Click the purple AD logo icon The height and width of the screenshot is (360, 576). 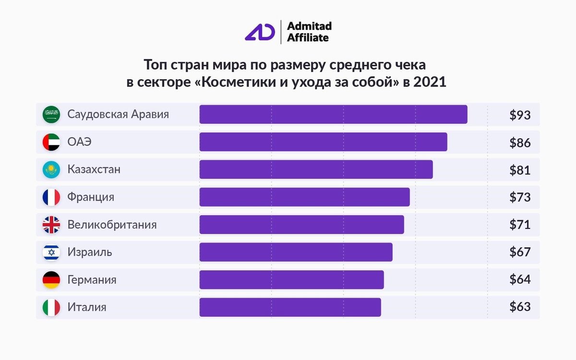click(x=260, y=32)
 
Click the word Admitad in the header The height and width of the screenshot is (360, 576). click(x=309, y=26)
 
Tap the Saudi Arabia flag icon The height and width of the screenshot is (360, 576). click(x=51, y=115)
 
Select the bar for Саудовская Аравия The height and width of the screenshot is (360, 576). click(x=333, y=115)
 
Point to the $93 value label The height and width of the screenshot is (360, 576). click(x=520, y=115)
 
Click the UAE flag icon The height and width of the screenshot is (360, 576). click(x=51, y=142)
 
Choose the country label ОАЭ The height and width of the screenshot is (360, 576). click(x=79, y=142)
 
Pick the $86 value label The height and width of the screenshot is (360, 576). click(x=520, y=143)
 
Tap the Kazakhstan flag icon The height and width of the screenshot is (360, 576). click(x=51, y=169)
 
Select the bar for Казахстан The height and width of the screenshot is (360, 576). click(x=316, y=169)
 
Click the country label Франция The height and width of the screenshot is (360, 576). click(x=91, y=197)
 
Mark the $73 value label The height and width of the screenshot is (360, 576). click(x=520, y=197)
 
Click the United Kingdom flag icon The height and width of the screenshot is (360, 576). click(x=51, y=225)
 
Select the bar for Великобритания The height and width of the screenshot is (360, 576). click(x=301, y=225)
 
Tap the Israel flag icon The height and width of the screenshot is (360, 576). click(x=51, y=252)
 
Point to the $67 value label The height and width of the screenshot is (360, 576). click(x=520, y=252)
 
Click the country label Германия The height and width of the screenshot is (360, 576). click(x=92, y=280)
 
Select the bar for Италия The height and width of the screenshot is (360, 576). click(x=290, y=307)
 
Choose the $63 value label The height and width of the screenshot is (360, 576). click(x=520, y=307)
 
